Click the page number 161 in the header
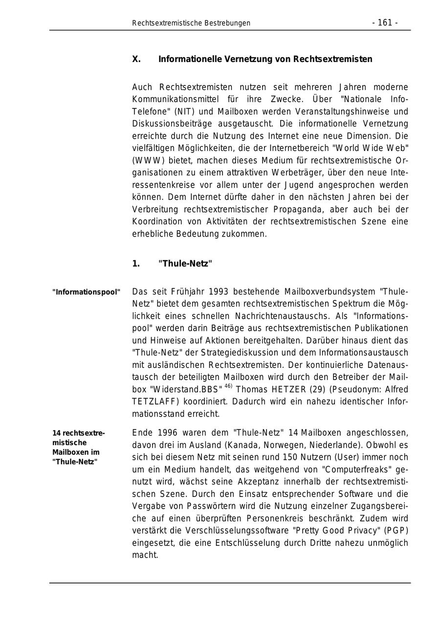point(385,23)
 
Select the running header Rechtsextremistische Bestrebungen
point(191,23)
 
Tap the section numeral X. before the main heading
point(136,59)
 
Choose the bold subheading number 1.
point(135,264)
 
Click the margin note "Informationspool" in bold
point(87,292)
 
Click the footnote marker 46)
point(228,386)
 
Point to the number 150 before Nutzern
point(291,457)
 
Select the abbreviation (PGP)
point(397,531)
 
